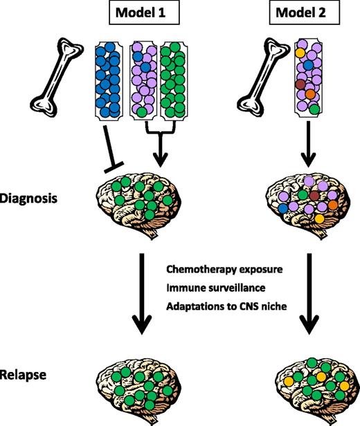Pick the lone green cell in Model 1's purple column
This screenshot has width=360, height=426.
143,111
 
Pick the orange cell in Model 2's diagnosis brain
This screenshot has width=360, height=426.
333,205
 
